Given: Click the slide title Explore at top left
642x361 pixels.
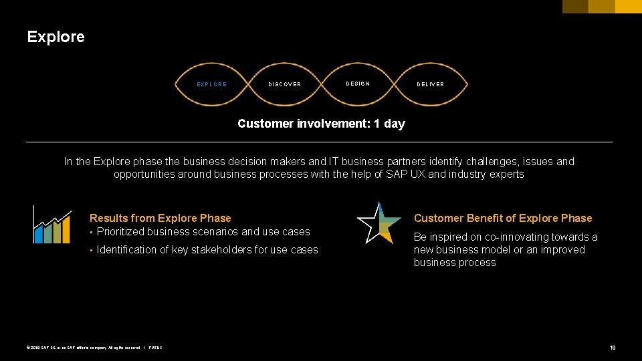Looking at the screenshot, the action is pyautogui.click(x=56, y=37).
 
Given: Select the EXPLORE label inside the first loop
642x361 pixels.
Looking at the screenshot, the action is pyautogui.click(x=211, y=84).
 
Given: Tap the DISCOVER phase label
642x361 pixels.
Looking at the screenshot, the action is pyautogui.click(x=284, y=84).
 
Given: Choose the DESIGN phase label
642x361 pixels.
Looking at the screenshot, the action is pyautogui.click(x=358, y=84).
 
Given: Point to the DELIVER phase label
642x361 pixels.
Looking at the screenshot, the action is pyautogui.click(x=431, y=84).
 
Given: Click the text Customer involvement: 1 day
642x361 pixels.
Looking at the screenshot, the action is pyautogui.click(x=321, y=124).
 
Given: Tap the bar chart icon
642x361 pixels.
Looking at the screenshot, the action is pyautogui.click(x=52, y=225).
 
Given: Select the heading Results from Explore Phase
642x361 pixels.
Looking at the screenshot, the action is pyautogui.click(x=160, y=218).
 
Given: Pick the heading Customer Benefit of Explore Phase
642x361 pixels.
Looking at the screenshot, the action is pyautogui.click(x=503, y=218).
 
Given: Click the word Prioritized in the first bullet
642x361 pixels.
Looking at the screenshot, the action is pyautogui.click(x=120, y=232).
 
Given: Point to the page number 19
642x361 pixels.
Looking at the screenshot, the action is pyautogui.click(x=612, y=348).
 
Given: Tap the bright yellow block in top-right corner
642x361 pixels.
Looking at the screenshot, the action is pyautogui.click(x=628, y=7).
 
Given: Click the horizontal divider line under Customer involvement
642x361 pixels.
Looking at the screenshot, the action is pyautogui.click(x=319, y=142).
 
